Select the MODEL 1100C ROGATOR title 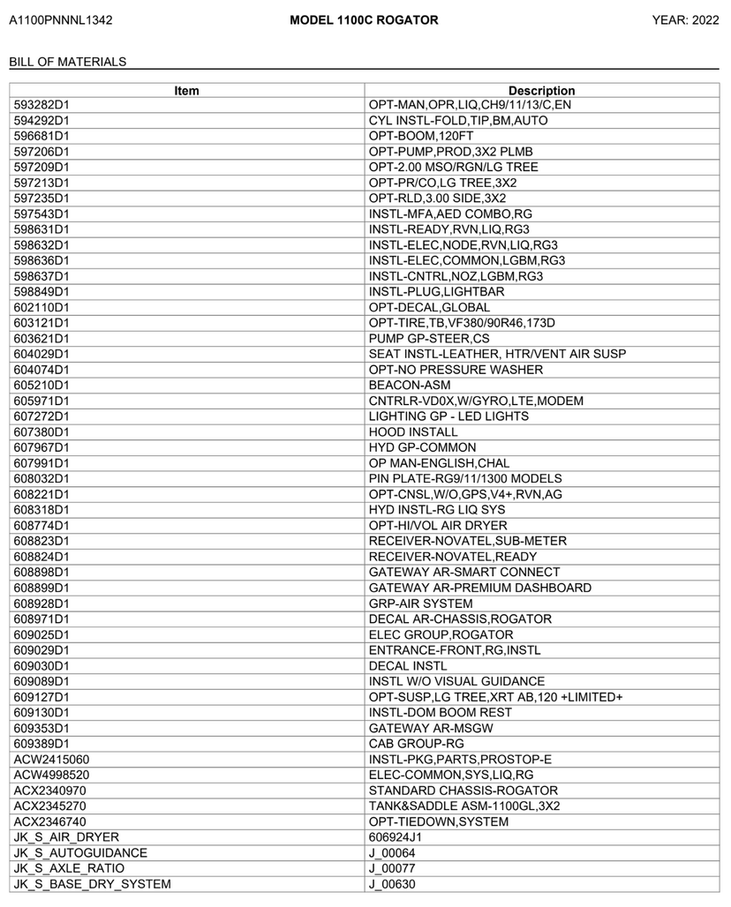(364, 20)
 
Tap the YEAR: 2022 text (685, 20)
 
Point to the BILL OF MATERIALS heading (67, 62)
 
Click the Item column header (187, 90)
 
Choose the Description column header (541, 90)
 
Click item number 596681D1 (42, 136)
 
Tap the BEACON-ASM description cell (410, 385)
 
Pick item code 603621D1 (42, 338)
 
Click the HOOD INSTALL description (413, 431)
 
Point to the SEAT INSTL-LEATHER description (497, 354)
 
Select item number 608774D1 (42, 525)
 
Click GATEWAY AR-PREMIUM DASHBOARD (480, 588)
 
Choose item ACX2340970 (50, 791)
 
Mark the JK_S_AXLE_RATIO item (68, 868)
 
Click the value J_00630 (392, 884)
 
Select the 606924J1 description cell (396, 837)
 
